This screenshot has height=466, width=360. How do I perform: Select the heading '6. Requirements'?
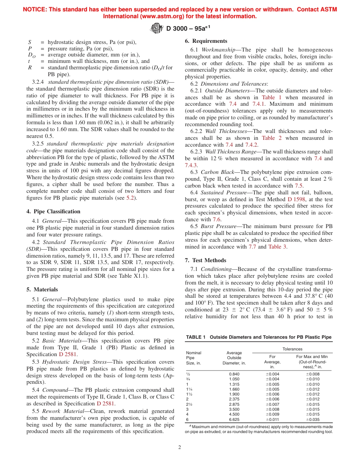tap(206, 41)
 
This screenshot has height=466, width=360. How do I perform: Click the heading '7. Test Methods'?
tap(205, 260)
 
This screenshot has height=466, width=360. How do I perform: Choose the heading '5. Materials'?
tap(42, 289)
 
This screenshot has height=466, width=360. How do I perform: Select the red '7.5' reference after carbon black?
tap(299, 186)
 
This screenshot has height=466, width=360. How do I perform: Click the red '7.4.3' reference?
tap(191, 165)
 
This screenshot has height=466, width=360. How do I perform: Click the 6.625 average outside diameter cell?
tap(234, 419)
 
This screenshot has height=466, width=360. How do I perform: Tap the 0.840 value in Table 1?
tap(234, 374)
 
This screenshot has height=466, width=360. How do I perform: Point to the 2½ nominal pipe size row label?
tap(189, 404)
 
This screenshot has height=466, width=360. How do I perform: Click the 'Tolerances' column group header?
tap(292, 349)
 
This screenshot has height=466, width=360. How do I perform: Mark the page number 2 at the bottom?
tap(180, 447)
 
